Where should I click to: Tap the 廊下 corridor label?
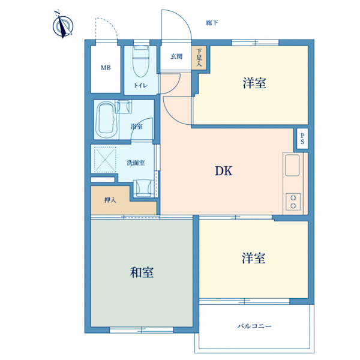click(x=212, y=23)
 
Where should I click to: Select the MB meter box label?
click(x=106, y=68)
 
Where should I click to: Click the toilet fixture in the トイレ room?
click(x=141, y=61)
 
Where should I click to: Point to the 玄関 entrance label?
click(x=176, y=56)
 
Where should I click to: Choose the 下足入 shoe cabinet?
click(x=199, y=58)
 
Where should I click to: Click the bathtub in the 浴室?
click(x=106, y=119)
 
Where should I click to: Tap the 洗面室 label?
click(x=136, y=163)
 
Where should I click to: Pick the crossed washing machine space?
click(x=105, y=160)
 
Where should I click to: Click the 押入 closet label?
click(x=110, y=200)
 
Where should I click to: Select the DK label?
click(x=224, y=171)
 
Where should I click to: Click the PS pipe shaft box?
click(x=302, y=139)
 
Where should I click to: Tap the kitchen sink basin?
click(x=292, y=166)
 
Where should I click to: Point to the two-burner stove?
click(x=293, y=202)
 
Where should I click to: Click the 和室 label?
click(x=142, y=272)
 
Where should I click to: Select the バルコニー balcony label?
click(x=254, y=326)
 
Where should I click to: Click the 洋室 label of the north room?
click(x=254, y=83)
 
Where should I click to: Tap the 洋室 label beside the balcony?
click(x=253, y=258)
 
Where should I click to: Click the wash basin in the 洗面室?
click(x=143, y=188)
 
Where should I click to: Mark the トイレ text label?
click(x=141, y=85)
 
